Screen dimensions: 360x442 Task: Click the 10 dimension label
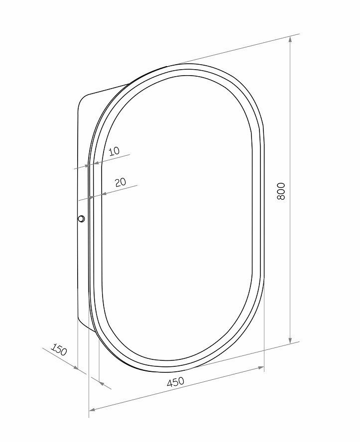point(114,151)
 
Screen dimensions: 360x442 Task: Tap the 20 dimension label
point(120,182)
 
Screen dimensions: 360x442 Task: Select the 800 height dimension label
point(281,192)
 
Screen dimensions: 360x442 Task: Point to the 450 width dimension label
point(175,382)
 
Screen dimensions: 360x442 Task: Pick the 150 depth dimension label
point(59,349)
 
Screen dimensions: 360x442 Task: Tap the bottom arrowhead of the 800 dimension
point(290,340)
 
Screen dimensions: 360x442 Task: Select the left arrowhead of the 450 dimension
point(93,409)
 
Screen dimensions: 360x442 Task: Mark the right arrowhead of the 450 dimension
point(260,367)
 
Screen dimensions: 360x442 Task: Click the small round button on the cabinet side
point(81,219)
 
